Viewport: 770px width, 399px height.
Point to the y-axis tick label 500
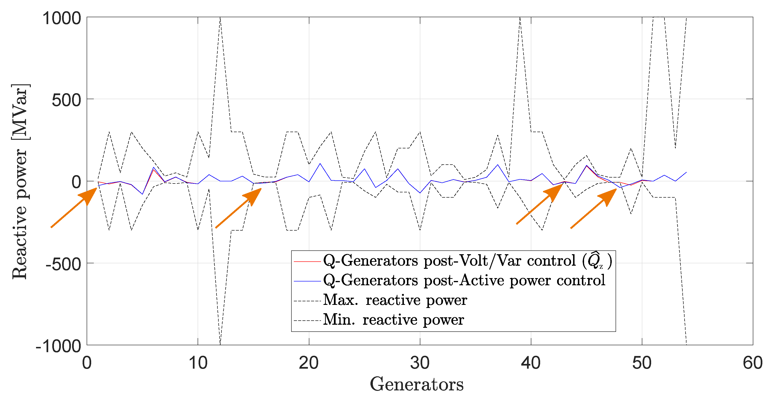pos(66,100)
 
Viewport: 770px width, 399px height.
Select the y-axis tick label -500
pos(63,264)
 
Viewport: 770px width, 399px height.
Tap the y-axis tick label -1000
pos(58,346)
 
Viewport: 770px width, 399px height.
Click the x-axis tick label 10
pos(198,363)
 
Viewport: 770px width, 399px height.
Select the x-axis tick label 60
pos(753,363)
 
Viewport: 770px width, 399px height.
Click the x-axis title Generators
pos(417,384)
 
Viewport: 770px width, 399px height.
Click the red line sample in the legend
pos(307,262)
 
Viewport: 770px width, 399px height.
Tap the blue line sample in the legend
pos(307,281)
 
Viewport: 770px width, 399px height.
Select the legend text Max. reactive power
pos(395,300)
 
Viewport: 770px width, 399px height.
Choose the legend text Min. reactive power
pos(393,320)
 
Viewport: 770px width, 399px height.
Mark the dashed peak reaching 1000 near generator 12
pos(220,18)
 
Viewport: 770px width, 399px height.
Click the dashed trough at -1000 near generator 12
pos(220,344)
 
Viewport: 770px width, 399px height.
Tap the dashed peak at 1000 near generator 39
pos(520,18)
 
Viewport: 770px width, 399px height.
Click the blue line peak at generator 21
pos(320,163)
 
